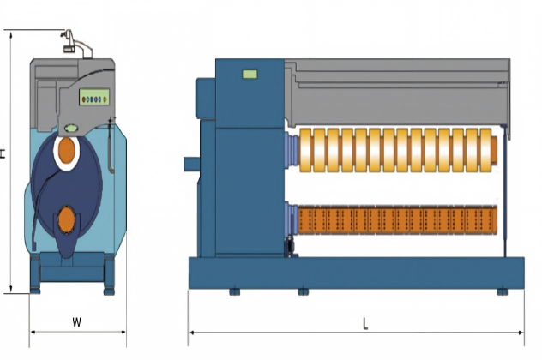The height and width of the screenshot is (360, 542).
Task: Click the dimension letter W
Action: click(x=76, y=322)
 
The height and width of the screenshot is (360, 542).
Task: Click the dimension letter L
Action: click(x=365, y=324)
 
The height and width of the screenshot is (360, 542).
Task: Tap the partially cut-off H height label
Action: click(x=3, y=153)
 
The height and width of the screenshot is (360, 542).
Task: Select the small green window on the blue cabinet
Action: click(x=250, y=74)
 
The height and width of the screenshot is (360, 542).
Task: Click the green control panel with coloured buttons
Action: click(x=94, y=97)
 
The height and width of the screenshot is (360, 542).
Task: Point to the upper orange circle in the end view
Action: click(x=67, y=150)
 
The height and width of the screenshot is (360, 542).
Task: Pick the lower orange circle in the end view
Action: click(x=67, y=219)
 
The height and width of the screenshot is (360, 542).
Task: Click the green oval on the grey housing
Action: click(x=71, y=129)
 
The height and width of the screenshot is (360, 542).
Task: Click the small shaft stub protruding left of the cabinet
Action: click(x=191, y=164)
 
